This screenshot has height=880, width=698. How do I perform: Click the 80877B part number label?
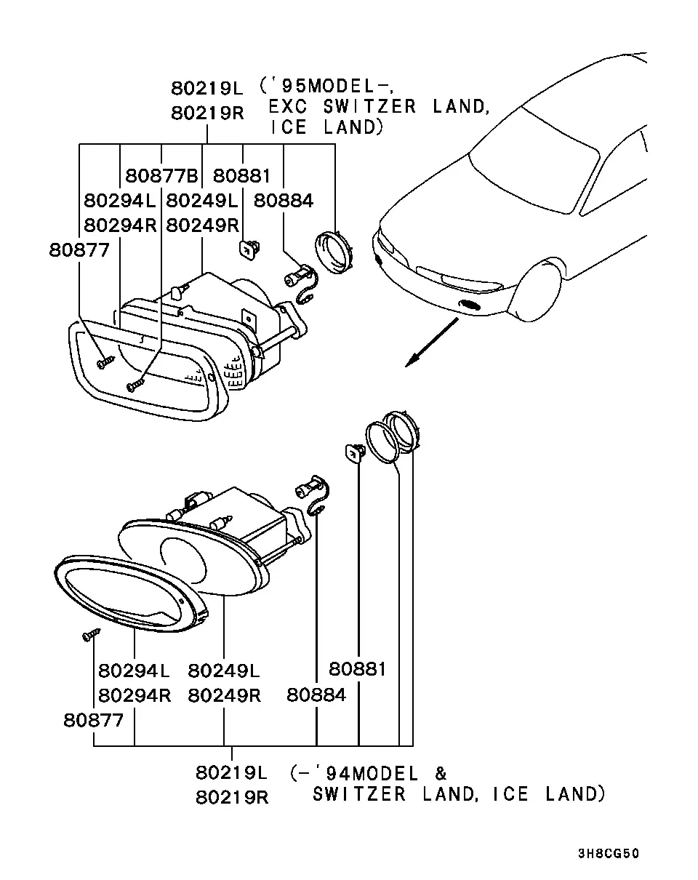click(x=161, y=176)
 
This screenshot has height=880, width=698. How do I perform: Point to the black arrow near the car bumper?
click(x=432, y=343)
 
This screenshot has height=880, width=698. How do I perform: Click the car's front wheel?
click(x=536, y=289)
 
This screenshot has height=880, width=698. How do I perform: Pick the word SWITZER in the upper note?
click(x=369, y=107)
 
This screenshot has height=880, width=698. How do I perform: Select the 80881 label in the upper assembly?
click(x=241, y=176)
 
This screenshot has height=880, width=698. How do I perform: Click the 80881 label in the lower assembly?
click(x=358, y=669)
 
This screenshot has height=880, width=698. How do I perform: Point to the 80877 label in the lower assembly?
click(x=93, y=721)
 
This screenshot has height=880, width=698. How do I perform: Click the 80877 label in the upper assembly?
click(x=79, y=250)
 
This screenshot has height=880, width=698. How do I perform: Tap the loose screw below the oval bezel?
click(x=91, y=635)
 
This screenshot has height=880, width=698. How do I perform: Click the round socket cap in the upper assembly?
click(x=334, y=252)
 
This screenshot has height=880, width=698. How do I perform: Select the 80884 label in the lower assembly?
click(x=316, y=695)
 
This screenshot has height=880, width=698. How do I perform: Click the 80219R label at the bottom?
click(x=232, y=797)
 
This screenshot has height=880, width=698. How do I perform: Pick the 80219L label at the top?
click(x=207, y=88)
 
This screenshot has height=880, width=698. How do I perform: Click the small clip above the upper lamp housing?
click(x=249, y=249)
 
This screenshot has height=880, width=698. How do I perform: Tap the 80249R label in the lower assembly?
click(x=224, y=695)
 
